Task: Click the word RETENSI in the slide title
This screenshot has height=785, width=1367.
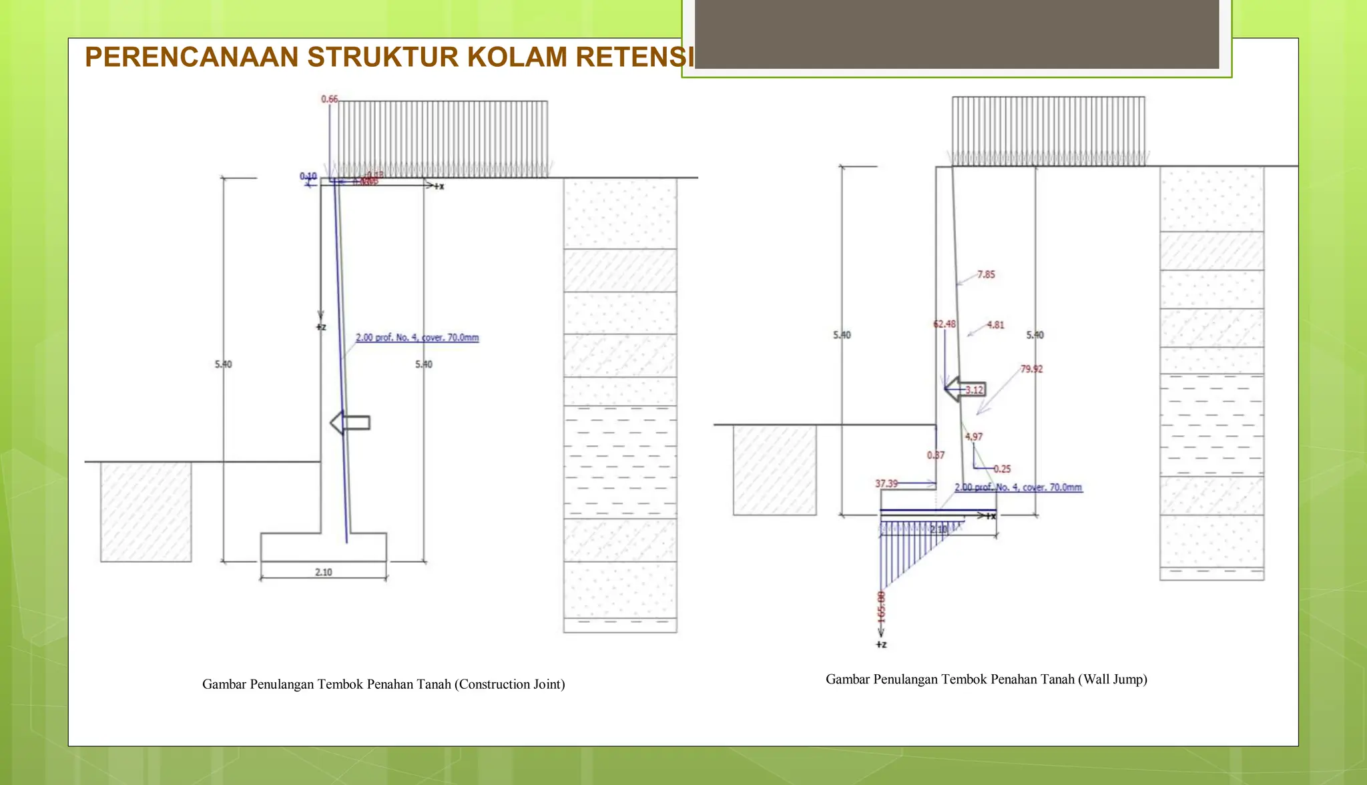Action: (634, 57)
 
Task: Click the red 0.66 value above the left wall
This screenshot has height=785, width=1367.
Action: (330, 99)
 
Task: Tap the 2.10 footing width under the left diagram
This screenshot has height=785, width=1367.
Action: (324, 572)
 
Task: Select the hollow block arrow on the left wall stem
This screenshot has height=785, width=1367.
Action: (350, 423)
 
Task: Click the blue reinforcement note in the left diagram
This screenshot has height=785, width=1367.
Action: (417, 338)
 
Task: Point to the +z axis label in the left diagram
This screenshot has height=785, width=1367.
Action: (321, 327)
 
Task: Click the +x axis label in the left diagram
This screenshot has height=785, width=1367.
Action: (439, 186)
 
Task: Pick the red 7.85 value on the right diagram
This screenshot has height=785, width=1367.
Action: (986, 274)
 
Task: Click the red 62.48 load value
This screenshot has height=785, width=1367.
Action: (944, 324)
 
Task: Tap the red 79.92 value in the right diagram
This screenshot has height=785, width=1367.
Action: (1031, 368)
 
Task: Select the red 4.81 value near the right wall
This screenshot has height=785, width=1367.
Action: (995, 325)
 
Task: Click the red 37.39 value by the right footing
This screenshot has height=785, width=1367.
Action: (886, 483)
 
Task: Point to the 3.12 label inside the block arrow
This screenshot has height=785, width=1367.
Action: (974, 390)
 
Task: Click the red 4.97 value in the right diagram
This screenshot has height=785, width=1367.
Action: (974, 437)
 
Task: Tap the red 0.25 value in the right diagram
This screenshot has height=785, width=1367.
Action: (1002, 469)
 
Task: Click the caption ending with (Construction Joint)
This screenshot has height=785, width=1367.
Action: (384, 684)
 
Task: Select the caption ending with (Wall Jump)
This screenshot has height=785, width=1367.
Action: (987, 680)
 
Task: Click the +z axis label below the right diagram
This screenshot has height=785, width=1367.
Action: (881, 645)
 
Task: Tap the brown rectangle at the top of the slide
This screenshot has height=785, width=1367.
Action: (956, 33)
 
